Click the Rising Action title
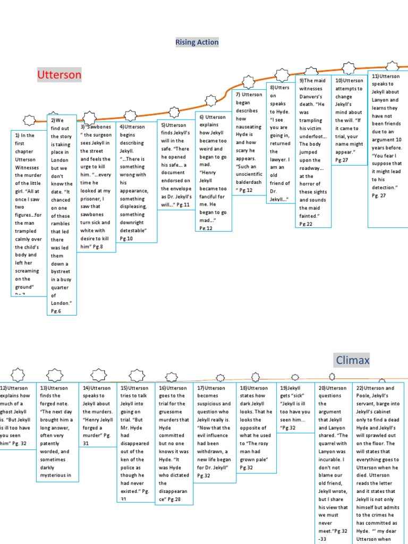click(x=197, y=42)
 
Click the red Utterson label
click(x=59, y=74)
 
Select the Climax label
click(x=353, y=361)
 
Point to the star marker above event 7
click(x=248, y=81)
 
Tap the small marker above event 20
click(x=332, y=377)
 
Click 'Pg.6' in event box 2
click(x=56, y=311)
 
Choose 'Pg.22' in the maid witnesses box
click(x=305, y=224)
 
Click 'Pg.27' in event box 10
click(x=342, y=160)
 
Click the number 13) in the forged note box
click(x=44, y=388)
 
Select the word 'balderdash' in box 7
click(x=249, y=182)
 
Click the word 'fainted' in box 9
click(x=308, y=216)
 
